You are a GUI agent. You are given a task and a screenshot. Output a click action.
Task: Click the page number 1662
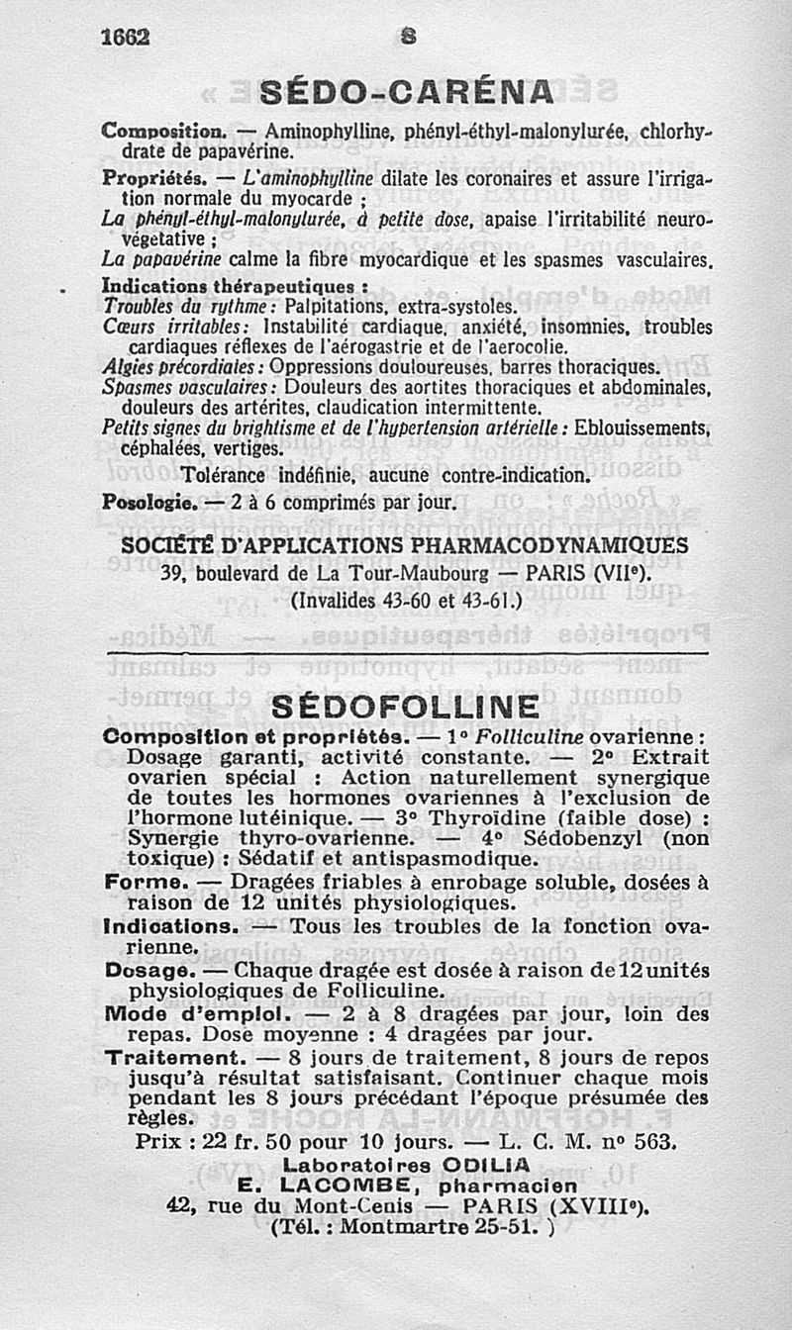click(125, 37)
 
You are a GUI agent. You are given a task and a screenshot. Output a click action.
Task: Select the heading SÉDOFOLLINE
click(405, 708)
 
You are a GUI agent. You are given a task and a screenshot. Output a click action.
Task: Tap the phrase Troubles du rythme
click(165, 307)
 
